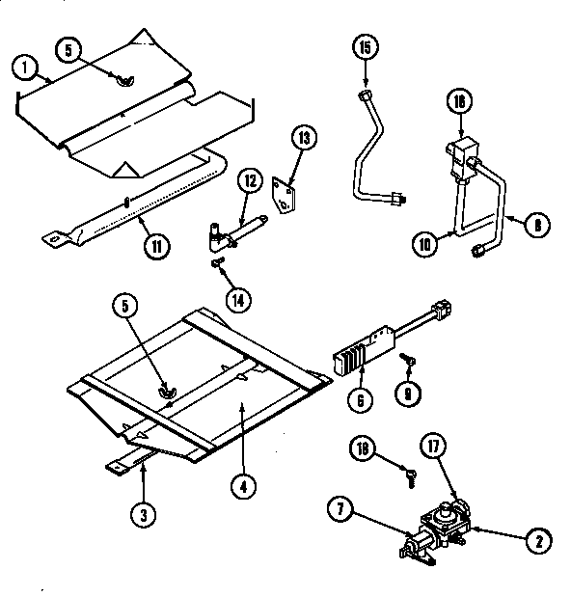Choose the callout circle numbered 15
coord(365,46)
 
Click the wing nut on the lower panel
coord(167,391)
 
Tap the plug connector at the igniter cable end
coord(445,311)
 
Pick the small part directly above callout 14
coord(217,261)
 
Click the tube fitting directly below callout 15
coord(366,94)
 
